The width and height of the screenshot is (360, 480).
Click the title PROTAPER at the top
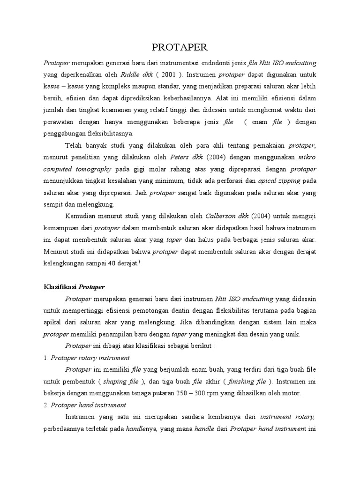(x=180, y=48)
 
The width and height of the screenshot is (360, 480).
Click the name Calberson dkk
(x=221, y=216)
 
